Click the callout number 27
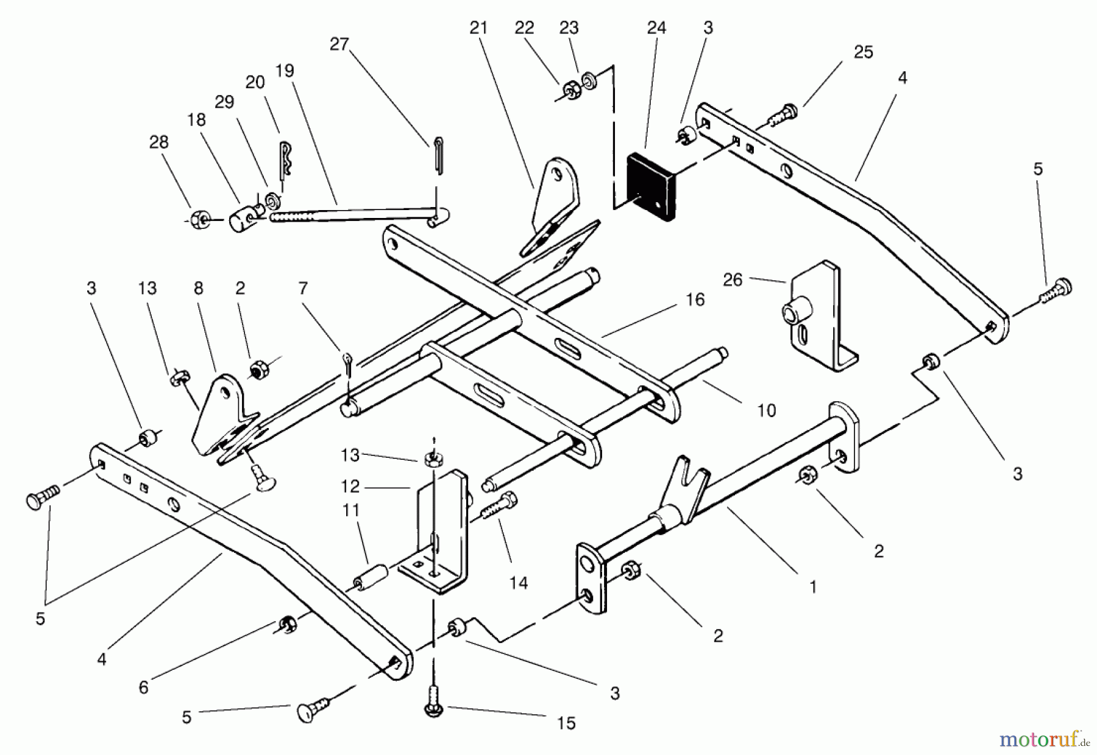339,44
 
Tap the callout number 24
656,27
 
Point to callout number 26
733,279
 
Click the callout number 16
695,299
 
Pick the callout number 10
767,410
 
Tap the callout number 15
566,723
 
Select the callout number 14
519,583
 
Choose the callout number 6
143,687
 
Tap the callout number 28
159,142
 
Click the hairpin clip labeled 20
286,160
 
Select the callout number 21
479,27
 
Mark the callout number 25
864,52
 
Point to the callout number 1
812,587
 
